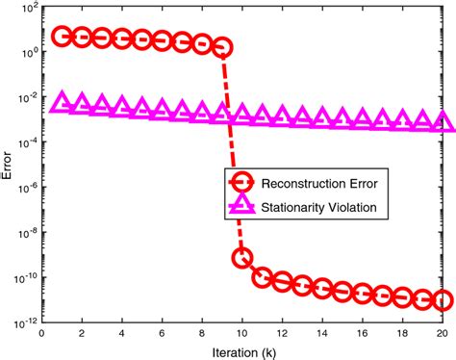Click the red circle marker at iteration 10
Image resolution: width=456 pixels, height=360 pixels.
click(x=242, y=257)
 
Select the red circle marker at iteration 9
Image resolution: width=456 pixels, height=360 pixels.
click(x=222, y=46)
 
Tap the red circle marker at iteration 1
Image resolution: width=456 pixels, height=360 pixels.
click(x=62, y=37)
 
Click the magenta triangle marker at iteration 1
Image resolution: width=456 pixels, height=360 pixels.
click(x=62, y=103)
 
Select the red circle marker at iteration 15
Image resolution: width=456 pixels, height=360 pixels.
click(x=342, y=290)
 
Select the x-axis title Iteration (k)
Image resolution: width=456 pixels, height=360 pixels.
click(x=241, y=350)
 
